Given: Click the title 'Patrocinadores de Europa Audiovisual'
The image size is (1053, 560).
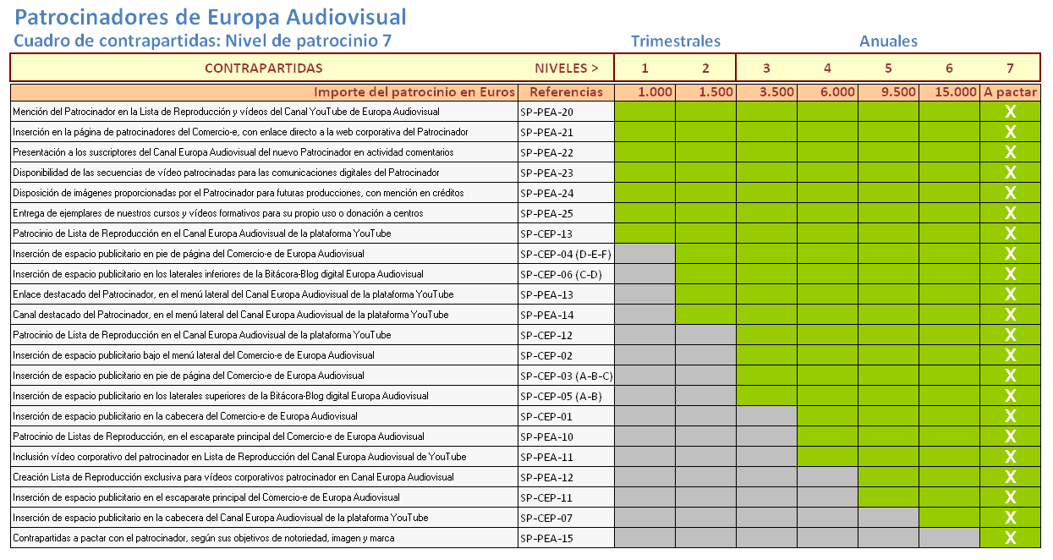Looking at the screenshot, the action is (x=210, y=18).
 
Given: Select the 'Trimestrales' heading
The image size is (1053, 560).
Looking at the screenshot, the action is (x=676, y=41).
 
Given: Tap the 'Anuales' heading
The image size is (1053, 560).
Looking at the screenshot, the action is (x=888, y=41).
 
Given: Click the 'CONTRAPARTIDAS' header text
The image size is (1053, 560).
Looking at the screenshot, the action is (x=264, y=69).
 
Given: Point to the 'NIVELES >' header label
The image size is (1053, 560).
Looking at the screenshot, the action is (x=567, y=69).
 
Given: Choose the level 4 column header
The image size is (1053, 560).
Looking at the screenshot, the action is (x=827, y=69).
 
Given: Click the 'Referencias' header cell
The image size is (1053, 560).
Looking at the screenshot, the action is (x=566, y=91).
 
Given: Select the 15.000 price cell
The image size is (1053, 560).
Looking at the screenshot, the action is (x=949, y=91).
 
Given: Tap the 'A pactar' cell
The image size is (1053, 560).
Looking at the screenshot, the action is (x=1010, y=91).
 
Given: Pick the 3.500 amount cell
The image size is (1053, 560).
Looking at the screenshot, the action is (x=767, y=91).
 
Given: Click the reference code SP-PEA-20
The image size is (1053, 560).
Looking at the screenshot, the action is (x=546, y=113).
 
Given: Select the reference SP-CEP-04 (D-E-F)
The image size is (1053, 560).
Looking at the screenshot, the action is (x=566, y=255).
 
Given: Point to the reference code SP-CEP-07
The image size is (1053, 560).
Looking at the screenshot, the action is (x=546, y=519).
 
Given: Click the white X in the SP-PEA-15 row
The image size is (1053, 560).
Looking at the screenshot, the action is (x=1010, y=537).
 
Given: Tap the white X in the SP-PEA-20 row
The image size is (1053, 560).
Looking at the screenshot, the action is (x=1010, y=112).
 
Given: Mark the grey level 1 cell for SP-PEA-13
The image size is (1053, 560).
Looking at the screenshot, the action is (x=645, y=294).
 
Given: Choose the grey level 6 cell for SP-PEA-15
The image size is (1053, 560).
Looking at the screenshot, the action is (x=949, y=537).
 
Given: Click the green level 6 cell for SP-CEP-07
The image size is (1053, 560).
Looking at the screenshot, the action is (x=949, y=517).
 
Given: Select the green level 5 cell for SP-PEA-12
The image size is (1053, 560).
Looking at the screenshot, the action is (x=888, y=477).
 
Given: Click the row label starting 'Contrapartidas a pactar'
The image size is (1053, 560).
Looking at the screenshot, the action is (x=204, y=538).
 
